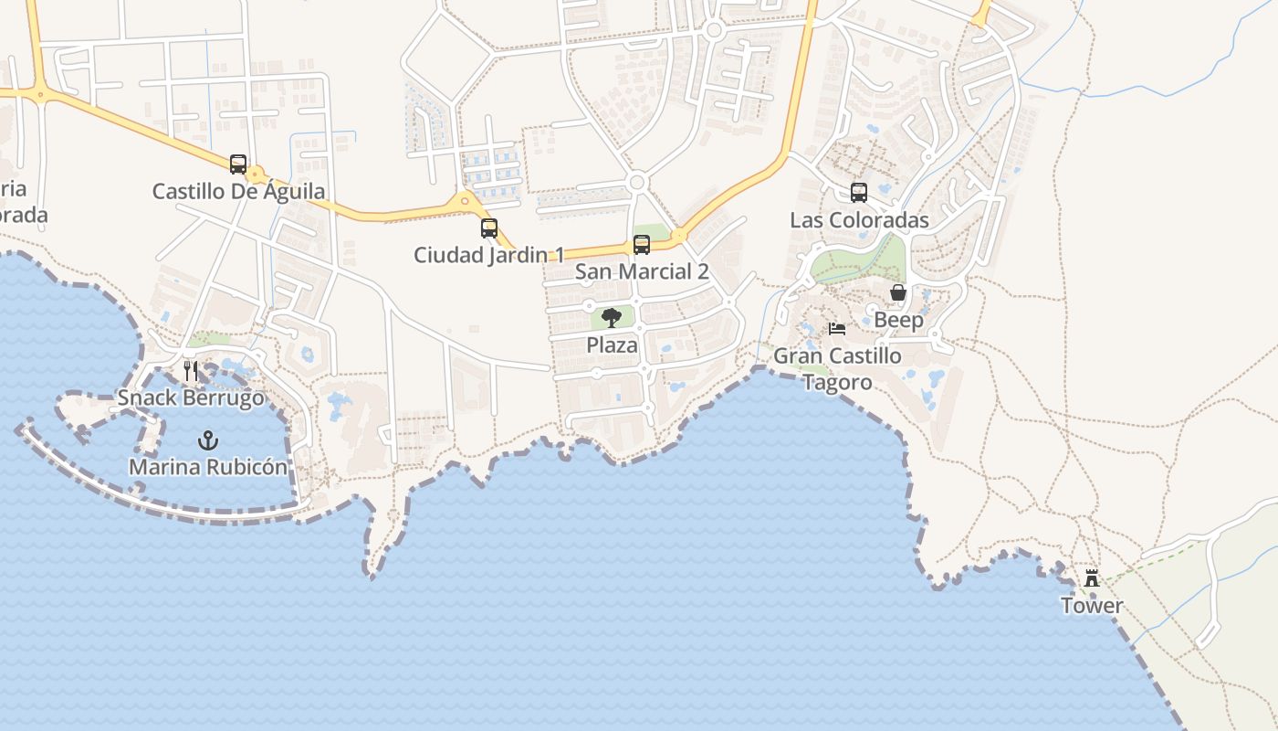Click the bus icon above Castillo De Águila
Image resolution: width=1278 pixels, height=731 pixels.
pyautogui.click(x=238, y=164)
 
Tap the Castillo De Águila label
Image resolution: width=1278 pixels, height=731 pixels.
pyautogui.click(x=238, y=192)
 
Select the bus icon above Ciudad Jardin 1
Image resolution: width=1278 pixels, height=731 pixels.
pyautogui.click(x=489, y=228)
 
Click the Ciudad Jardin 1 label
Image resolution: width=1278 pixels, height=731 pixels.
pyautogui.click(x=489, y=255)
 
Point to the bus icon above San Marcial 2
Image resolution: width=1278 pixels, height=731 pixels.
pyautogui.click(x=642, y=245)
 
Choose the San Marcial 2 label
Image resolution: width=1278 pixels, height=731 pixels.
pyautogui.click(x=642, y=271)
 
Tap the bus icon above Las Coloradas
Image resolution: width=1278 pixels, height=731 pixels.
pyautogui.click(x=859, y=193)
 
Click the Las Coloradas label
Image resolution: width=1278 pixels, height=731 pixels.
pyautogui.click(x=859, y=220)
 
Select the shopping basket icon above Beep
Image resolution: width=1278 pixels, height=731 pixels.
pyautogui.click(x=898, y=292)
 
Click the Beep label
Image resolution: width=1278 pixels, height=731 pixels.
pyautogui.click(x=898, y=320)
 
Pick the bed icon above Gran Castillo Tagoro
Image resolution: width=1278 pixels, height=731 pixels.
pyautogui.click(x=837, y=329)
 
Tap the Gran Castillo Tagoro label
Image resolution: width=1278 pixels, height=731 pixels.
pyautogui.click(x=837, y=368)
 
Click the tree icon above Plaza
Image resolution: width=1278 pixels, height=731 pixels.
pyautogui.click(x=612, y=318)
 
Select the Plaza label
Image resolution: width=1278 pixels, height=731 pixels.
pyautogui.click(x=612, y=345)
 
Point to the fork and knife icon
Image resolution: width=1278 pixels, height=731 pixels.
pyautogui.click(x=191, y=370)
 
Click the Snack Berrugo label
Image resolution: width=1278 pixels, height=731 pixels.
pyautogui.click(x=191, y=397)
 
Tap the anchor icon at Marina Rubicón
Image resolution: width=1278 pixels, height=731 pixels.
pyautogui.click(x=208, y=440)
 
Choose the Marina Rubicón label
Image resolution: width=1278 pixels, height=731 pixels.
pyautogui.click(x=208, y=467)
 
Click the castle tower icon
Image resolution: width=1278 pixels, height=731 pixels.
pyautogui.click(x=1092, y=578)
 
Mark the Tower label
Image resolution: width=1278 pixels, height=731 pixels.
pyautogui.click(x=1092, y=605)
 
